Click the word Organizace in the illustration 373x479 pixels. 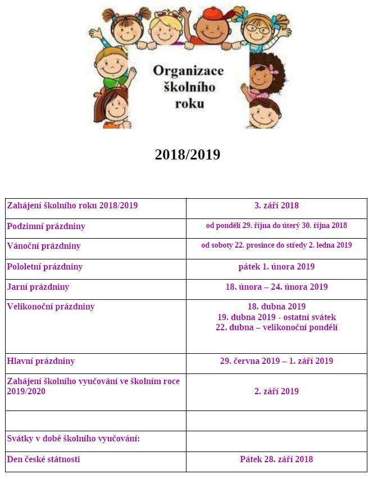[188, 71]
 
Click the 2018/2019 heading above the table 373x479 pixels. [187, 154]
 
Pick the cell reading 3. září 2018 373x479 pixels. [276, 206]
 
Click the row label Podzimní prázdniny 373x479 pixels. [46, 226]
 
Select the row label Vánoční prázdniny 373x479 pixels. [44, 246]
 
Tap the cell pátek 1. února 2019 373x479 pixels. [276, 267]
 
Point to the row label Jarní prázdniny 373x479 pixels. [38, 287]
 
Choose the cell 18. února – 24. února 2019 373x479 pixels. [276, 287]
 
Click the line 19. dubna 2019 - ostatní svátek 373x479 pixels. [276, 317]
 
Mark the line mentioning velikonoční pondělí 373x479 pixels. [276, 327]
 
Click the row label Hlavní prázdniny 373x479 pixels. [41, 361]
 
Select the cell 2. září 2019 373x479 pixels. [276, 391]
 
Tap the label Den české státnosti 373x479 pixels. [43, 459]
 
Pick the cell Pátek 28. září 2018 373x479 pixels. [276, 459]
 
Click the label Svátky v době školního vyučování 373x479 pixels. [73, 439]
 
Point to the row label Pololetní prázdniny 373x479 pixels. [45, 267]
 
